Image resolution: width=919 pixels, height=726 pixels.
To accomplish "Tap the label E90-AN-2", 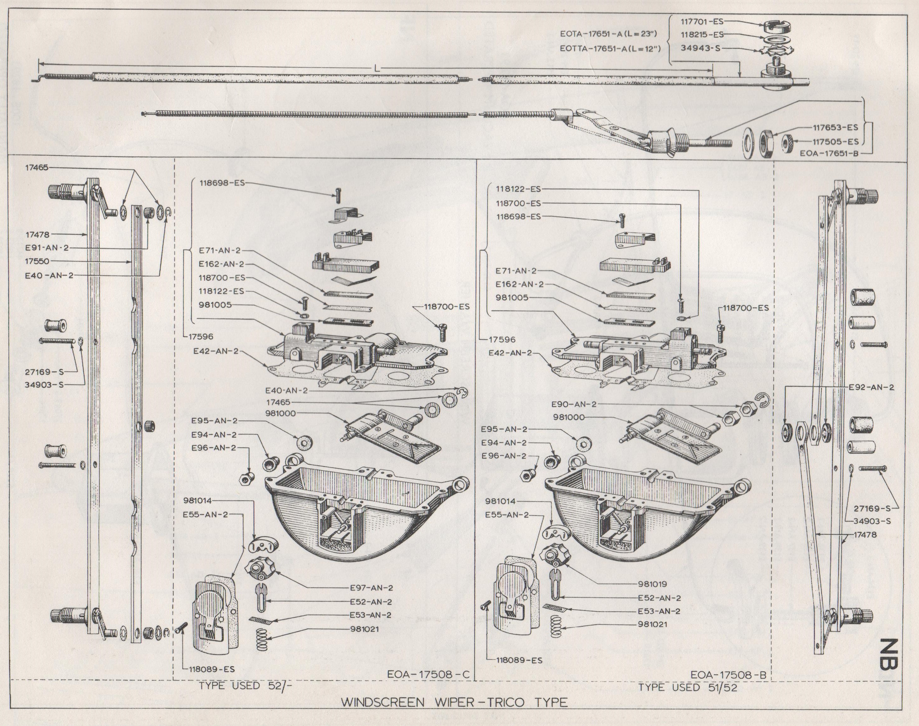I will point(574,404).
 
